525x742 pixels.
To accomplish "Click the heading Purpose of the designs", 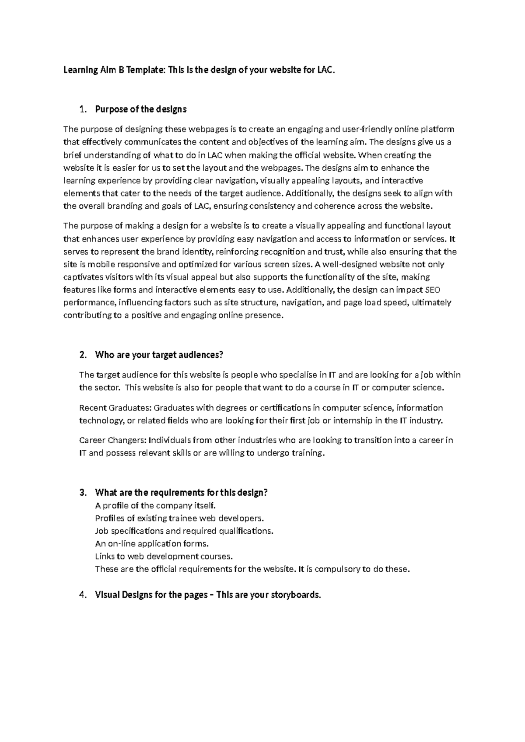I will click(140, 109).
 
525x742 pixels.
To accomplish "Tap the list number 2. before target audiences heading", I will click(83, 355).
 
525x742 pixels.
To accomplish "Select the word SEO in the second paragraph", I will click(433, 290).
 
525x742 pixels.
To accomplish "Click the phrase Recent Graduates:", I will click(115, 408).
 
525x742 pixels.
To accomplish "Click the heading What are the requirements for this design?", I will click(181, 493).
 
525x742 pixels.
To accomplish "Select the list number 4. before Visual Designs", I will click(83, 595).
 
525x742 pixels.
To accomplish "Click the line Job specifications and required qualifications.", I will click(184, 531).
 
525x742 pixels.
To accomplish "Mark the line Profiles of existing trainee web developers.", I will click(179, 518).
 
